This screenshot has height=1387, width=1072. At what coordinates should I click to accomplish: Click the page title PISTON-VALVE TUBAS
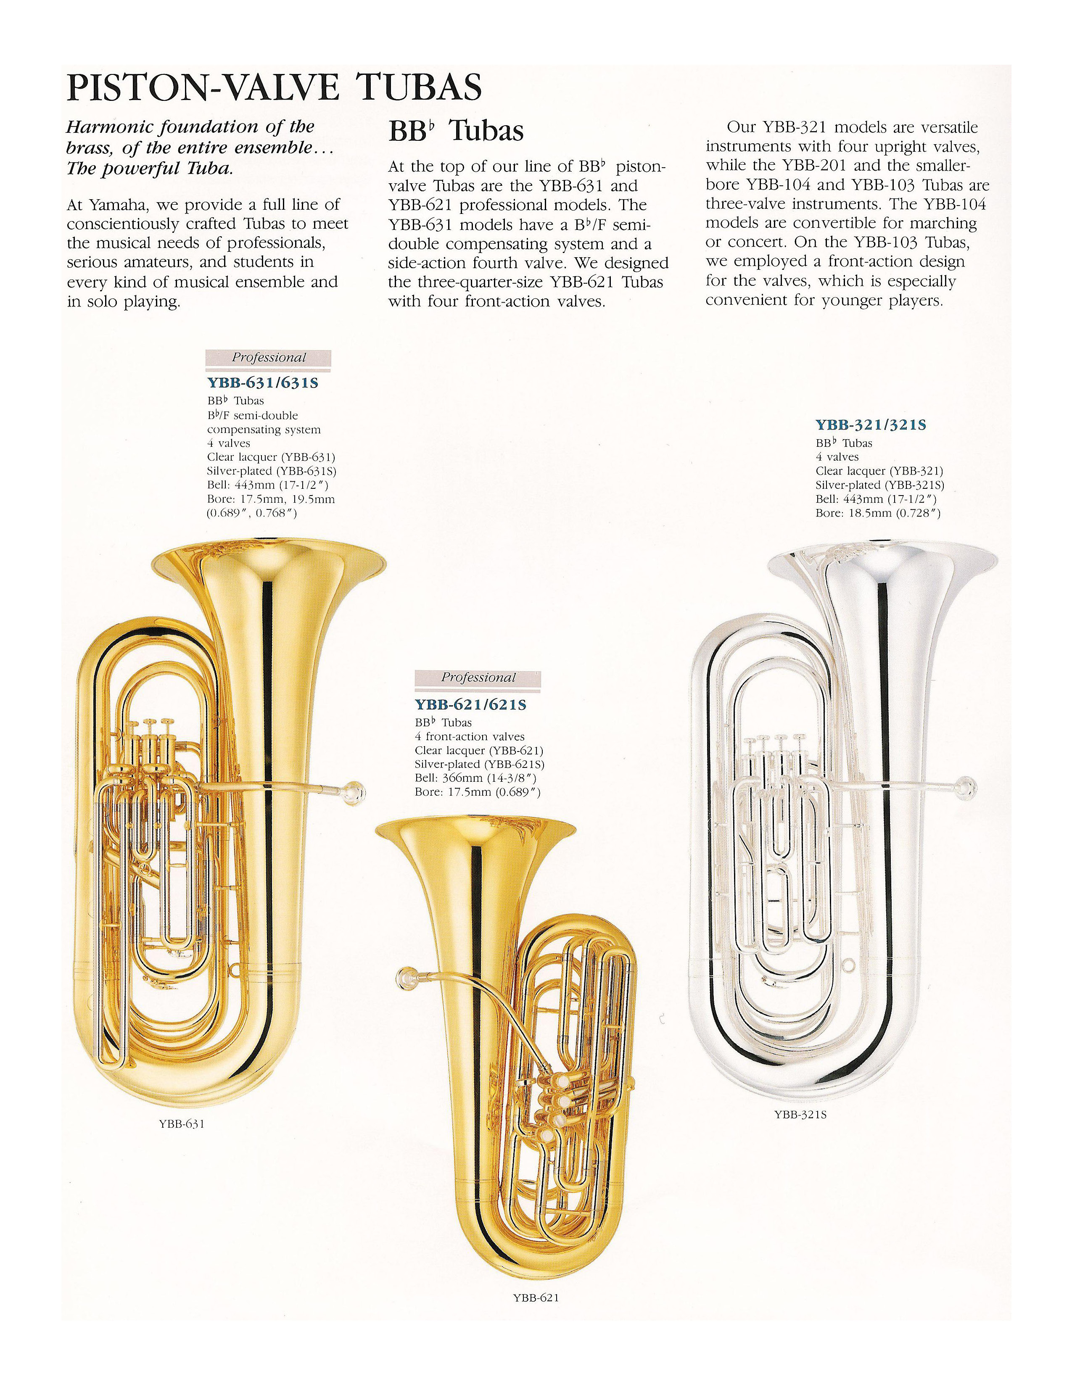pos(275,88)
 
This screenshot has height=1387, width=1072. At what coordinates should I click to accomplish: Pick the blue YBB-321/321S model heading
pos(871,425)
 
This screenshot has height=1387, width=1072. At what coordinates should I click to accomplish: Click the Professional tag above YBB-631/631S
pos(268,358)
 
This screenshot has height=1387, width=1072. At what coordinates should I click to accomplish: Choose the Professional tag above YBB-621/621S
pos(478,678)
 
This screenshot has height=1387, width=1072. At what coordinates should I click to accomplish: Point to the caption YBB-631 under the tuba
pos(182,1123)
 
